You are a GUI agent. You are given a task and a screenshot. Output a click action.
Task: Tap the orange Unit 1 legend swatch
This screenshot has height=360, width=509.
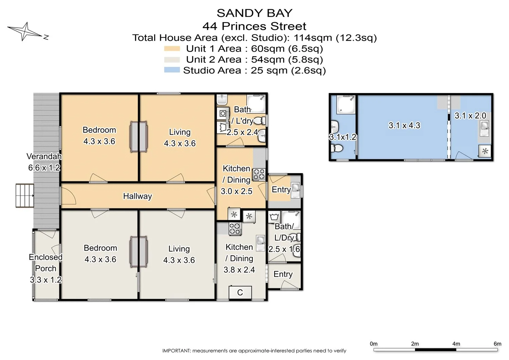[x=172, y=49]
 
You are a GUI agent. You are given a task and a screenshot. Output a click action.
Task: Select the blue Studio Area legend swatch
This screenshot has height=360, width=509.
[x=172, y=70]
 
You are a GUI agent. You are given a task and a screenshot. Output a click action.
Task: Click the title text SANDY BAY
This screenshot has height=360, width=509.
[x=254, y=13]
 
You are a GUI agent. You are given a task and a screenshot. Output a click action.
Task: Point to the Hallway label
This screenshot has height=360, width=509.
[x=137, y=196]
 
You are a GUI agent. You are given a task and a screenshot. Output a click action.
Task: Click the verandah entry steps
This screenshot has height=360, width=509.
[x=25, y=196]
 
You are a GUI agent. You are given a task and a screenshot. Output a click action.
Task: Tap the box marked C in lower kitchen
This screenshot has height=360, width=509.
[x=240, y=292]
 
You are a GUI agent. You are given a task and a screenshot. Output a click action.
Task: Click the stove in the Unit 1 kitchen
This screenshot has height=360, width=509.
[x=259, y=175]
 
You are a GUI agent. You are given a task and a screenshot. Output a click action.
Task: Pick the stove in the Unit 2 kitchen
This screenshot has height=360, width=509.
[x=235, y=229]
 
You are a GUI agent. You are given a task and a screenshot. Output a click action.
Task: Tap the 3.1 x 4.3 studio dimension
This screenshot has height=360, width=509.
[x=404, y=126]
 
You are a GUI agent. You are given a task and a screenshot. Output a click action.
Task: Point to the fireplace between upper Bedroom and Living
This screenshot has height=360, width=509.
[x=139, y=137]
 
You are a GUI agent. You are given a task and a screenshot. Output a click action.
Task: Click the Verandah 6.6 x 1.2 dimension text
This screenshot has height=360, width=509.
[x=44, y=168]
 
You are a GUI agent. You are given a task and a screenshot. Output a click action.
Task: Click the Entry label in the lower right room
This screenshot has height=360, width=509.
[x=283, y=274]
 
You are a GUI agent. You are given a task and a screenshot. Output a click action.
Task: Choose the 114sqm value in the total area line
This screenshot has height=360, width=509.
[x=313, y=38]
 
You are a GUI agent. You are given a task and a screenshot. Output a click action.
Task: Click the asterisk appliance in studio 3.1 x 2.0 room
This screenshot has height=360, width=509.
[x=485, y=151]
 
